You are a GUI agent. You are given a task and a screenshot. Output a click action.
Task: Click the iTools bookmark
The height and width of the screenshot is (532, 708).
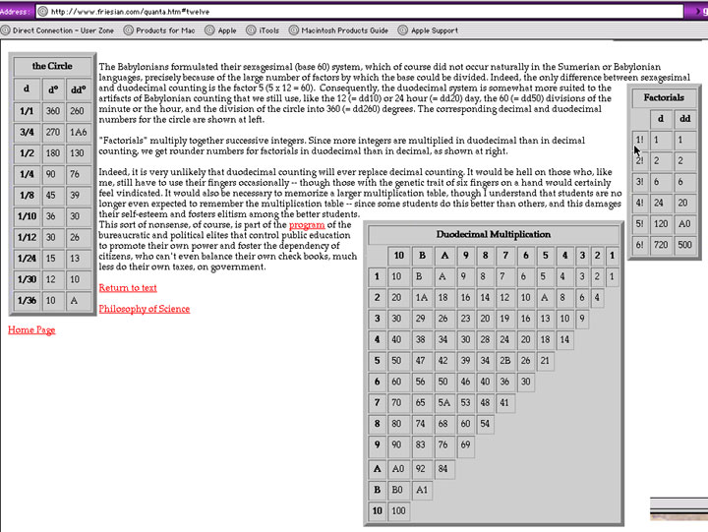pyautogui.click(x=268, y=30)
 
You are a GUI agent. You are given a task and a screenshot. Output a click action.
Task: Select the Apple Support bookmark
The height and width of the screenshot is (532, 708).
pyautogui.click(x=434, y=30)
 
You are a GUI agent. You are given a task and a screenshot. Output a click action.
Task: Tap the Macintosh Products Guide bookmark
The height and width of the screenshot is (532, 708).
pyautogui.click(x=344, y=30)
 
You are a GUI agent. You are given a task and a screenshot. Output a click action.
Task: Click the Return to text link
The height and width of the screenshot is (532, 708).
pyautogui.click(x=128, y=288)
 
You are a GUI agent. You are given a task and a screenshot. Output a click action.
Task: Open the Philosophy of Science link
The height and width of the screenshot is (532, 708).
pyautogui.click(x=145, y=309)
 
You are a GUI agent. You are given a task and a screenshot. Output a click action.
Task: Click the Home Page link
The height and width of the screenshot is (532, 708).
pyautogui.click(x=31, y=330)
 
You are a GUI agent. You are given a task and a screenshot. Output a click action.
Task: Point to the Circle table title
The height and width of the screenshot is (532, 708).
pyautogui.click(x=52, y=66)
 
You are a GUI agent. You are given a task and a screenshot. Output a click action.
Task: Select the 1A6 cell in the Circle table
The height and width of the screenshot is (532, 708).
pyautogui.click(x=78, y=132)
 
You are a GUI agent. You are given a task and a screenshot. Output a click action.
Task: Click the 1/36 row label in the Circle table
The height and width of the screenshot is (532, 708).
pyautogui.click(x=27, y=301)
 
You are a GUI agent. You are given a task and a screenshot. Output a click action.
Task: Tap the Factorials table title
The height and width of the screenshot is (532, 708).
pyautogui.click(x=664, y=97)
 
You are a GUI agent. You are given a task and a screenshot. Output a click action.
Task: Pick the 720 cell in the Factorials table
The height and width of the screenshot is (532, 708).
pyautogui.click(x=661, y=245)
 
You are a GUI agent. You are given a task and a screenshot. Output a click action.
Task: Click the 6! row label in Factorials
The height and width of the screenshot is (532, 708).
pyautogui.click(x=640, y=245)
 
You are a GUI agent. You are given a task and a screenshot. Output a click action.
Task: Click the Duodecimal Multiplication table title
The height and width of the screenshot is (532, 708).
pyautogui.click(x=493, y=234)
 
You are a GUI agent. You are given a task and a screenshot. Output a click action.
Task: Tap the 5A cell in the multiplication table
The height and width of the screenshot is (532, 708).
pyautogui.click(x=443, y=402)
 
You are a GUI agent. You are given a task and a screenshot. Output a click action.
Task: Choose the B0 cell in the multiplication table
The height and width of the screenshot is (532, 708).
pyautogui.click(x=398, y=490)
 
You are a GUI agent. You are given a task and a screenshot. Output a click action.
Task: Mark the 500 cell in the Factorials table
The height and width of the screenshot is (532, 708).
pyautogui.click(x=684, y=245)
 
